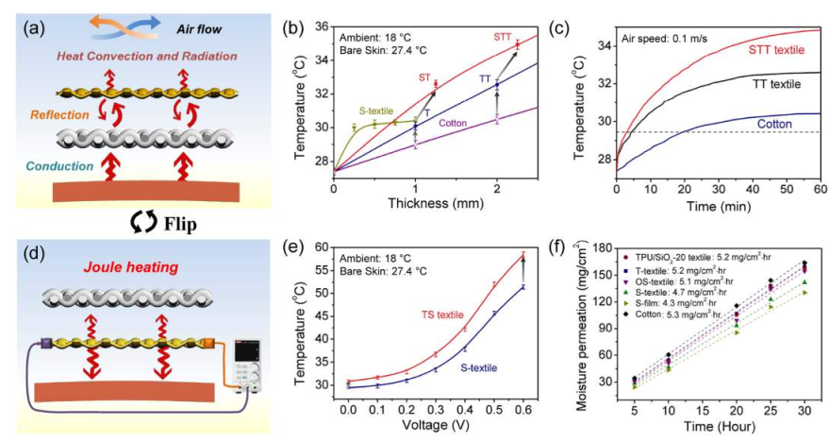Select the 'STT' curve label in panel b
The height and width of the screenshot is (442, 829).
coord(503,37)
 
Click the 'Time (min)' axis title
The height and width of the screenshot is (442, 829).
coord(720,204)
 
